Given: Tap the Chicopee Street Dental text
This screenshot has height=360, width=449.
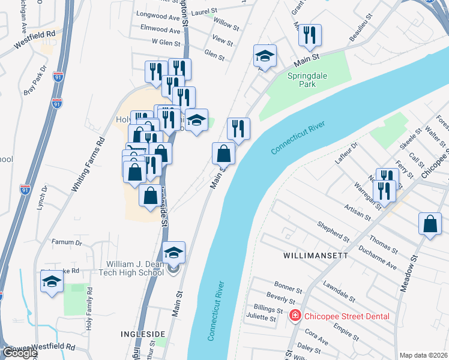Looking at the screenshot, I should (x=346, y=316).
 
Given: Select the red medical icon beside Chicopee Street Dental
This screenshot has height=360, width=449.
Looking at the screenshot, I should (x=295, y=316).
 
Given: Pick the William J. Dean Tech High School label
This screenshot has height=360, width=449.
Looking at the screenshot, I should (x=135, y=268).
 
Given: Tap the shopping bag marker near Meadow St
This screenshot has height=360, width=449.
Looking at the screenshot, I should (x=430, y=224).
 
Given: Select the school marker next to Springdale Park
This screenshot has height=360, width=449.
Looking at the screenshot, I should (x=265, y=56).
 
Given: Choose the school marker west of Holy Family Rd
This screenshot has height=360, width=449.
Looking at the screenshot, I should (x=52, y=281).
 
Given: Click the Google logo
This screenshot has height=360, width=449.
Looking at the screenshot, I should (x=20, y=353).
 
